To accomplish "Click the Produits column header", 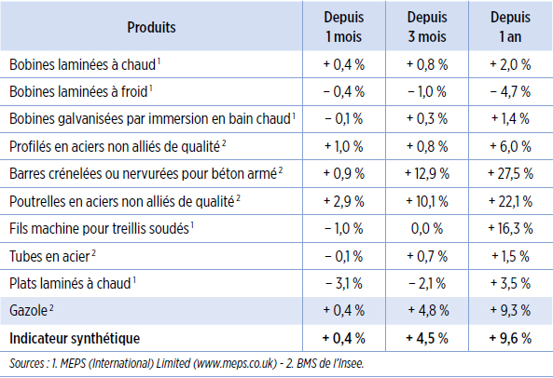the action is click(x=151, y=27).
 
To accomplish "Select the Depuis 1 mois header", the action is click(x=344, y=27).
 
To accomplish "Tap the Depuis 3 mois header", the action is click(x=427, y=27).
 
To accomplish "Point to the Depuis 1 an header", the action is click(x=510, y=27).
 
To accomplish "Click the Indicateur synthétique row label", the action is click(x=75, y=338).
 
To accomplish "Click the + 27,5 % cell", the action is click(x=510, y=173).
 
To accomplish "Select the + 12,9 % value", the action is click(x=427, y=173).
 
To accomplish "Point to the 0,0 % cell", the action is click(x=427, y=229).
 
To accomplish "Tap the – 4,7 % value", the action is click(x=510, y=91).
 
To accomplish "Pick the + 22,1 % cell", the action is click(x=510, y=201).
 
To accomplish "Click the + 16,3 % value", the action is click(x=510, y=229).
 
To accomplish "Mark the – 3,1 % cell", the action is click(x=344, y=283).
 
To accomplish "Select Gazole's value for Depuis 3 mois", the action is click(x=428, y=310).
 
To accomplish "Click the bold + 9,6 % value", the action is click(x=510, y=338).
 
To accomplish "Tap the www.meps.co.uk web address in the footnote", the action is click(x=235, y=363).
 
